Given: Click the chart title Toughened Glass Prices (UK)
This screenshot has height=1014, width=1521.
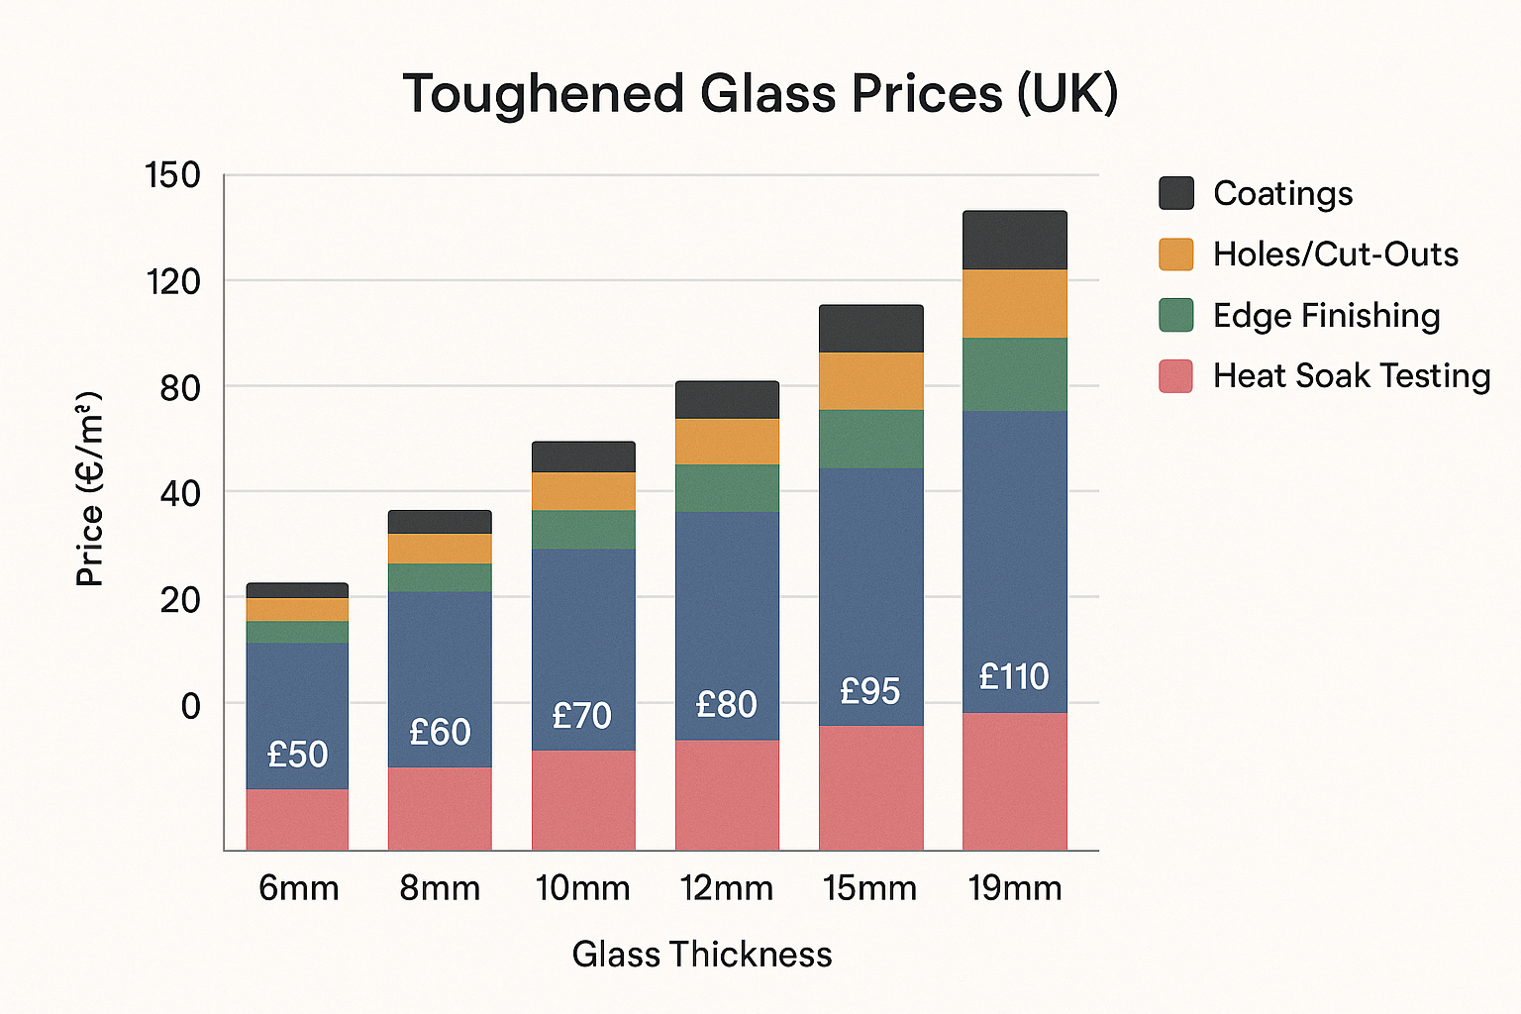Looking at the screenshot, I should (x=760, y=94).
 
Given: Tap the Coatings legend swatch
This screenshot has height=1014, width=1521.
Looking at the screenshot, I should (x=1176, y=193).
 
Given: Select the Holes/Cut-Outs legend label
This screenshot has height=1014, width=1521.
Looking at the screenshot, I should (x=1335, y=254).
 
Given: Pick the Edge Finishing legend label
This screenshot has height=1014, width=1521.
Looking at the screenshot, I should (x=1326, y=316).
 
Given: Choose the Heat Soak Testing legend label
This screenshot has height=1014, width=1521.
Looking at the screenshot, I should (x=1351, y=376).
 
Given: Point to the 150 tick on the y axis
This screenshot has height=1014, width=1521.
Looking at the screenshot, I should (x=172, y=176).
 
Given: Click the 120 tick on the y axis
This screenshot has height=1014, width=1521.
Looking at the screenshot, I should (x=172, y=282).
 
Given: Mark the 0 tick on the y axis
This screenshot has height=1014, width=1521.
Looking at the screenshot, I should (x=190, y=706).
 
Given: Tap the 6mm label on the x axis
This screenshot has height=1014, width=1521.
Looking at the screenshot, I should (x=298, y=888).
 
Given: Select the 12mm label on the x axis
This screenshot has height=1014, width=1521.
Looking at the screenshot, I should (x=727, y=888).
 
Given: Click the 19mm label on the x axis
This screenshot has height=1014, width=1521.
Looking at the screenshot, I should (x=1015, y=888).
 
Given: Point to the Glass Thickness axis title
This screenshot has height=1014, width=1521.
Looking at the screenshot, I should (x=702, y=955).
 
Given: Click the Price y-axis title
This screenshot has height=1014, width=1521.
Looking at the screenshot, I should (x=90, y=489).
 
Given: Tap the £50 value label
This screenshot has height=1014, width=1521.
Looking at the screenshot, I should (x=297, y=755).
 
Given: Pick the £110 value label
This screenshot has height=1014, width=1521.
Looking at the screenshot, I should (x=1014, y=677).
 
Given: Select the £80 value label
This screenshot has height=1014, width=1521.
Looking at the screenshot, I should (x=727, y=705).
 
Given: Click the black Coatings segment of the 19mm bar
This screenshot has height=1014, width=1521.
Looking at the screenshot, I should (x=1014, y=240).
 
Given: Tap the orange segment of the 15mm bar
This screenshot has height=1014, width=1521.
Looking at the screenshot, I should (x=870, y=381).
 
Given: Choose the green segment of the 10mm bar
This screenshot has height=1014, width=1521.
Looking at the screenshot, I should (x=583, y=530).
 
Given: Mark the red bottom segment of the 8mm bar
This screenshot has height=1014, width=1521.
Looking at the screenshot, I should (x=440, y=809).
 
